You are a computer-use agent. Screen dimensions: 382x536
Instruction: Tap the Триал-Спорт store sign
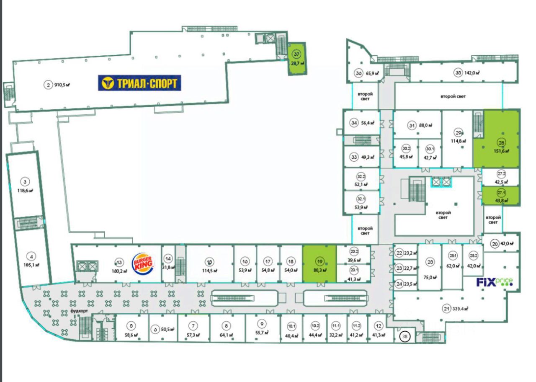(139, 83)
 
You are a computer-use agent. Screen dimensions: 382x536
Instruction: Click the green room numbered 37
(297, 59)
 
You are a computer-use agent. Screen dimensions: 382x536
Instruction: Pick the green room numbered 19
(319, 264)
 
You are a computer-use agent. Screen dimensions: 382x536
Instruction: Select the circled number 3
(25, 181)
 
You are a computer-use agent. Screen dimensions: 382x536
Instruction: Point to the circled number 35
(458, 72)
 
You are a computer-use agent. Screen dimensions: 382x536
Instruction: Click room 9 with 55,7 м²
(262, 328)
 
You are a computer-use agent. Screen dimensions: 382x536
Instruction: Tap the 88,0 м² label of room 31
(425, 125)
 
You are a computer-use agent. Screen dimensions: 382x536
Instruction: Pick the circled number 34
(354, 123)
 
